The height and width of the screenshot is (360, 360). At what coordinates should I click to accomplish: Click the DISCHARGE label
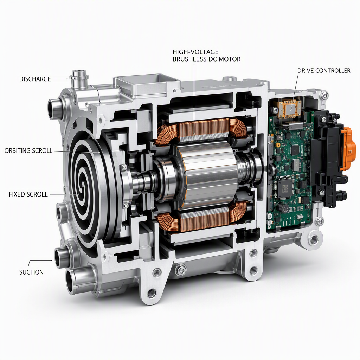click(x=35, y=79)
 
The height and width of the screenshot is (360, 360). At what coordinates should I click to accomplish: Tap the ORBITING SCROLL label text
click(x=28, y=150)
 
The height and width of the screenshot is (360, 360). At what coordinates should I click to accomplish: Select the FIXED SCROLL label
click(x=28, y=194)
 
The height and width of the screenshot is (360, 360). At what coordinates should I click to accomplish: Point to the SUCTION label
click(x=31, y=272)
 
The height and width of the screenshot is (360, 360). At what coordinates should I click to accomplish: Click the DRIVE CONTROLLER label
click(x=324, y=70)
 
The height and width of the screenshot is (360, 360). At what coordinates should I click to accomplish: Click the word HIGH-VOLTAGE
click(x=195, y=52)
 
